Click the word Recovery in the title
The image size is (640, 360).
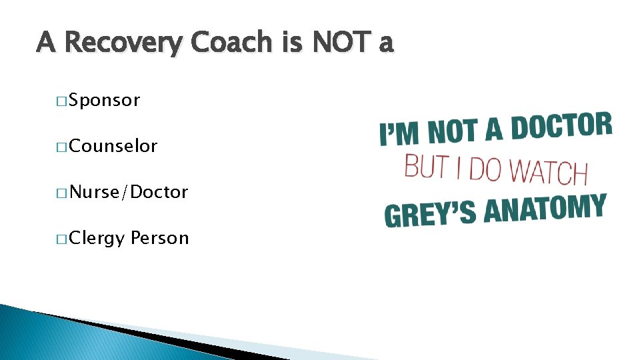(x=123, y=44)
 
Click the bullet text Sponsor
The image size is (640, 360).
(x=105, y=101)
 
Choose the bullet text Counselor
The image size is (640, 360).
(x=113, y=146)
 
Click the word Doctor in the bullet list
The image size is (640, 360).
(x=160, y=193)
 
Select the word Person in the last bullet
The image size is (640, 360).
(x=160, y=238)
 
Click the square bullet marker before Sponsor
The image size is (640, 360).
(x=61, y=102)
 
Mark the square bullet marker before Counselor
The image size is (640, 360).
(x=61, y=147)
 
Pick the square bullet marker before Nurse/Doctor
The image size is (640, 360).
(x=61, y=193)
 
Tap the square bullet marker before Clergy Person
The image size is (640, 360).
(x=61, y=239)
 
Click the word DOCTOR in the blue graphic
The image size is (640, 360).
(x=561, y=127)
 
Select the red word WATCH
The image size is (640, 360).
(x=548, y=171)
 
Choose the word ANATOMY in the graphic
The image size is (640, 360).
(x=545, y=208)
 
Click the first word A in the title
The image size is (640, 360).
(x=46, y=43)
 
